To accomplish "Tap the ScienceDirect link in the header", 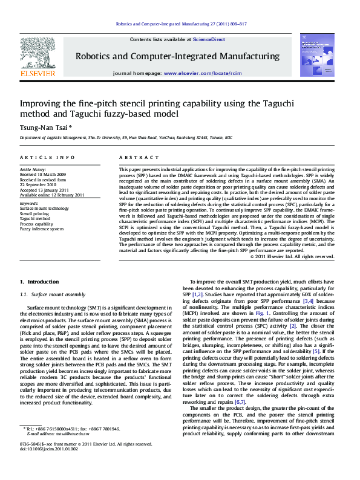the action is click(209, 39).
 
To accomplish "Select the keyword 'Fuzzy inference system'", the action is click(41, 229).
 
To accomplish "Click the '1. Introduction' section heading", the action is click(39, 282).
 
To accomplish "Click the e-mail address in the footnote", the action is click(71, 451).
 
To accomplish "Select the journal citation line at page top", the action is click(180, 24).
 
